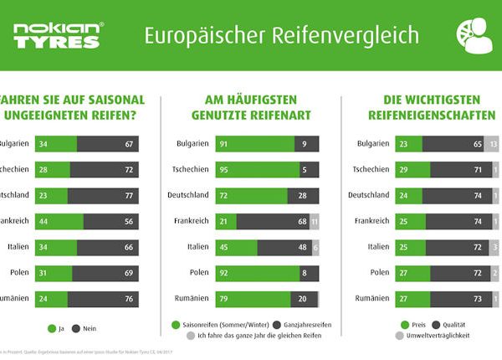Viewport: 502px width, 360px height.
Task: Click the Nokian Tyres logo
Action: tap(58, 36)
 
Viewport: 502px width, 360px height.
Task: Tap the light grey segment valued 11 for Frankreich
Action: tap(315, 221)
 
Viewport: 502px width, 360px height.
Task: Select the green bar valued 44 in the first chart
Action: tap(59, 221)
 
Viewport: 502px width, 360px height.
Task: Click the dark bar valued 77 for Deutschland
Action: tap(102, 195)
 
